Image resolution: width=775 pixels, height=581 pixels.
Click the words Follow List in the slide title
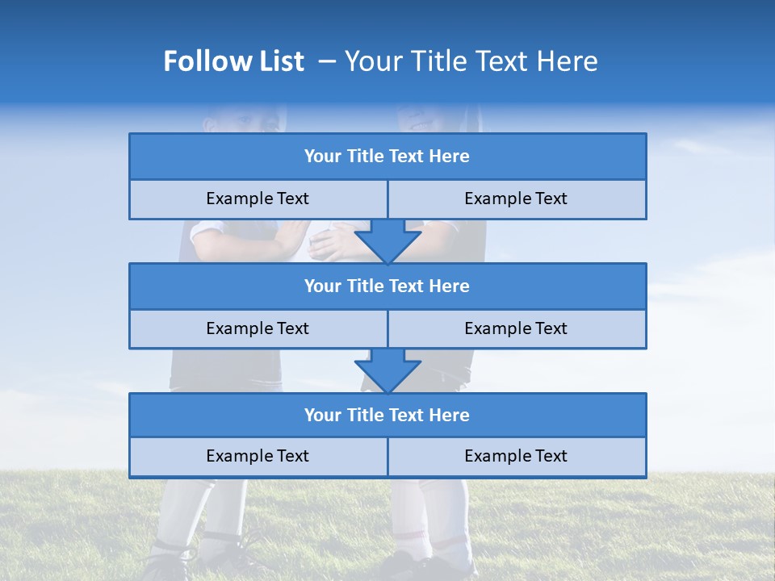point(233,61)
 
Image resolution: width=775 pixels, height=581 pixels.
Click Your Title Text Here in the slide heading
point(471,61)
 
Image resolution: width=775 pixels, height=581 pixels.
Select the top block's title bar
point(387,157)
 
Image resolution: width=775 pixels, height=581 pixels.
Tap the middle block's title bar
point(387,286)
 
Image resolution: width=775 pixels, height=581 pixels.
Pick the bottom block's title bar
point(387,415)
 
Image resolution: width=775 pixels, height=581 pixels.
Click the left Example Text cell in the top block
point(258,199)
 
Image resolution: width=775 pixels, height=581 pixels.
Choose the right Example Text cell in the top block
point(516,199)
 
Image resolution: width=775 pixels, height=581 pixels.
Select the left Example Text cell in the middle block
point(258,328)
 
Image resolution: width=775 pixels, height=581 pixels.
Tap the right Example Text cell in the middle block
point(516,328)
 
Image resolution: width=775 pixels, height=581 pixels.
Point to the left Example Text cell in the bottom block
point(258,456)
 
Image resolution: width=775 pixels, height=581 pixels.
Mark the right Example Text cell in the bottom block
point(516,456)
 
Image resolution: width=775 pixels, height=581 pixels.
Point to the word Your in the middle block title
point(323,286)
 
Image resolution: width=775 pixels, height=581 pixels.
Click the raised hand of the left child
point(292,240)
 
